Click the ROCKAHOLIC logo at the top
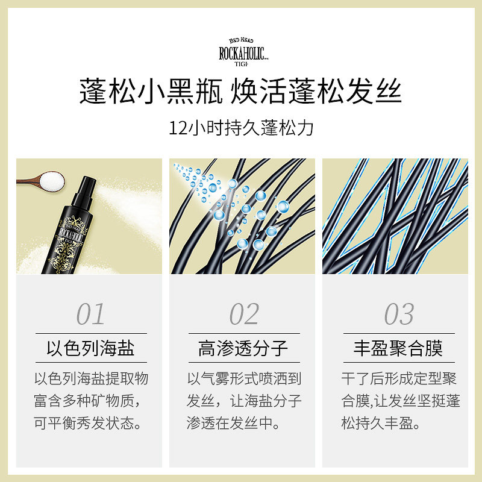(x=240, y=49)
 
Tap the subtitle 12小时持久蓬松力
(x=241, y=128)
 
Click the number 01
(x=90, y=314)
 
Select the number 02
(x=243, y=314)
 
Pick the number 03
(x=399, y=314)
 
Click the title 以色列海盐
(x=90, y=348)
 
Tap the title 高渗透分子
(x=243, y=348)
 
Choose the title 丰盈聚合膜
(x=398, y=348)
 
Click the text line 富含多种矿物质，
(x=90, y=401)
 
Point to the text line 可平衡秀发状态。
(x=90, y=423)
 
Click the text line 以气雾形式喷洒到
(x=243, y=378)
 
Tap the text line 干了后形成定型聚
(x=398, y=378)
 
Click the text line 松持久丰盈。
(x=380, y=423)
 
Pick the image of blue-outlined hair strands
(x=395, y=216)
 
